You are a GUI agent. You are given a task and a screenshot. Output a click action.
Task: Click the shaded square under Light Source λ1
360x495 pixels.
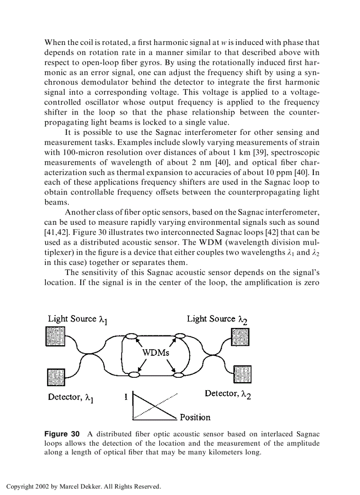point(56,338)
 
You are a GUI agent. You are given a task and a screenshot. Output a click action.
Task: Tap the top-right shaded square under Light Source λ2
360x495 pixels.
point(240,338)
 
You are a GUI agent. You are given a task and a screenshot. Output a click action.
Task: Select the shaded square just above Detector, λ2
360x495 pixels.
point(242,374)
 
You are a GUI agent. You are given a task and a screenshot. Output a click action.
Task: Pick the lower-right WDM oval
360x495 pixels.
point(179,375)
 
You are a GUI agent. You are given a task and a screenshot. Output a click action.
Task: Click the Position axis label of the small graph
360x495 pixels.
point(195,417)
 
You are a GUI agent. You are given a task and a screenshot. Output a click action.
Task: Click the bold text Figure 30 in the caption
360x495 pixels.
point(62,434)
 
